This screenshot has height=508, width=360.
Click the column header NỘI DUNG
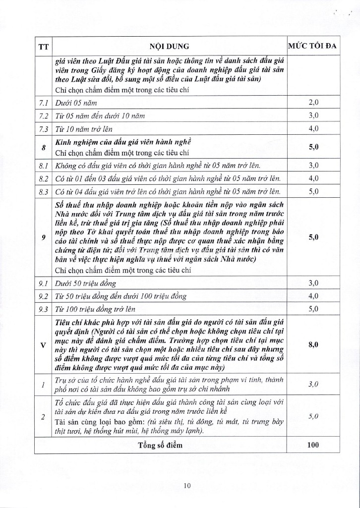[x=170, y=47]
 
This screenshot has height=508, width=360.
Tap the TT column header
[x=43, y=47]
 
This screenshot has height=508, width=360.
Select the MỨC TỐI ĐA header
[x=312, y=47]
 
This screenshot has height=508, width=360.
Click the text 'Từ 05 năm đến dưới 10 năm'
[x=100, y=116]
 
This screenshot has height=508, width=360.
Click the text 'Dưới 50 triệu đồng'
[x=86, y=283]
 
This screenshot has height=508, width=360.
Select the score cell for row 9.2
[x=312, y=296]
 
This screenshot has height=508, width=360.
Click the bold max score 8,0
[x=312, y=345]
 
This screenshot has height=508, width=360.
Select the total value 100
[x=312, y=445]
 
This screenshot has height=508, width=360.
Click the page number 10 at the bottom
[x=186, y=486]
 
